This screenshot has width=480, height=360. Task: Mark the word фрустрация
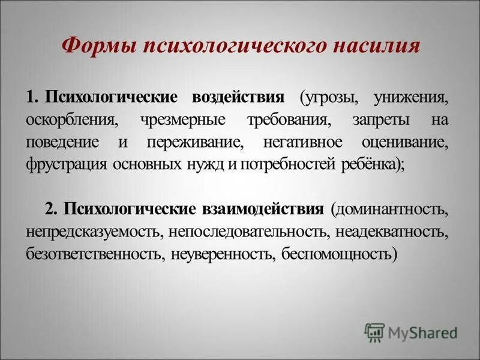65,165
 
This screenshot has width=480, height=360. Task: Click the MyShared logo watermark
410,331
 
